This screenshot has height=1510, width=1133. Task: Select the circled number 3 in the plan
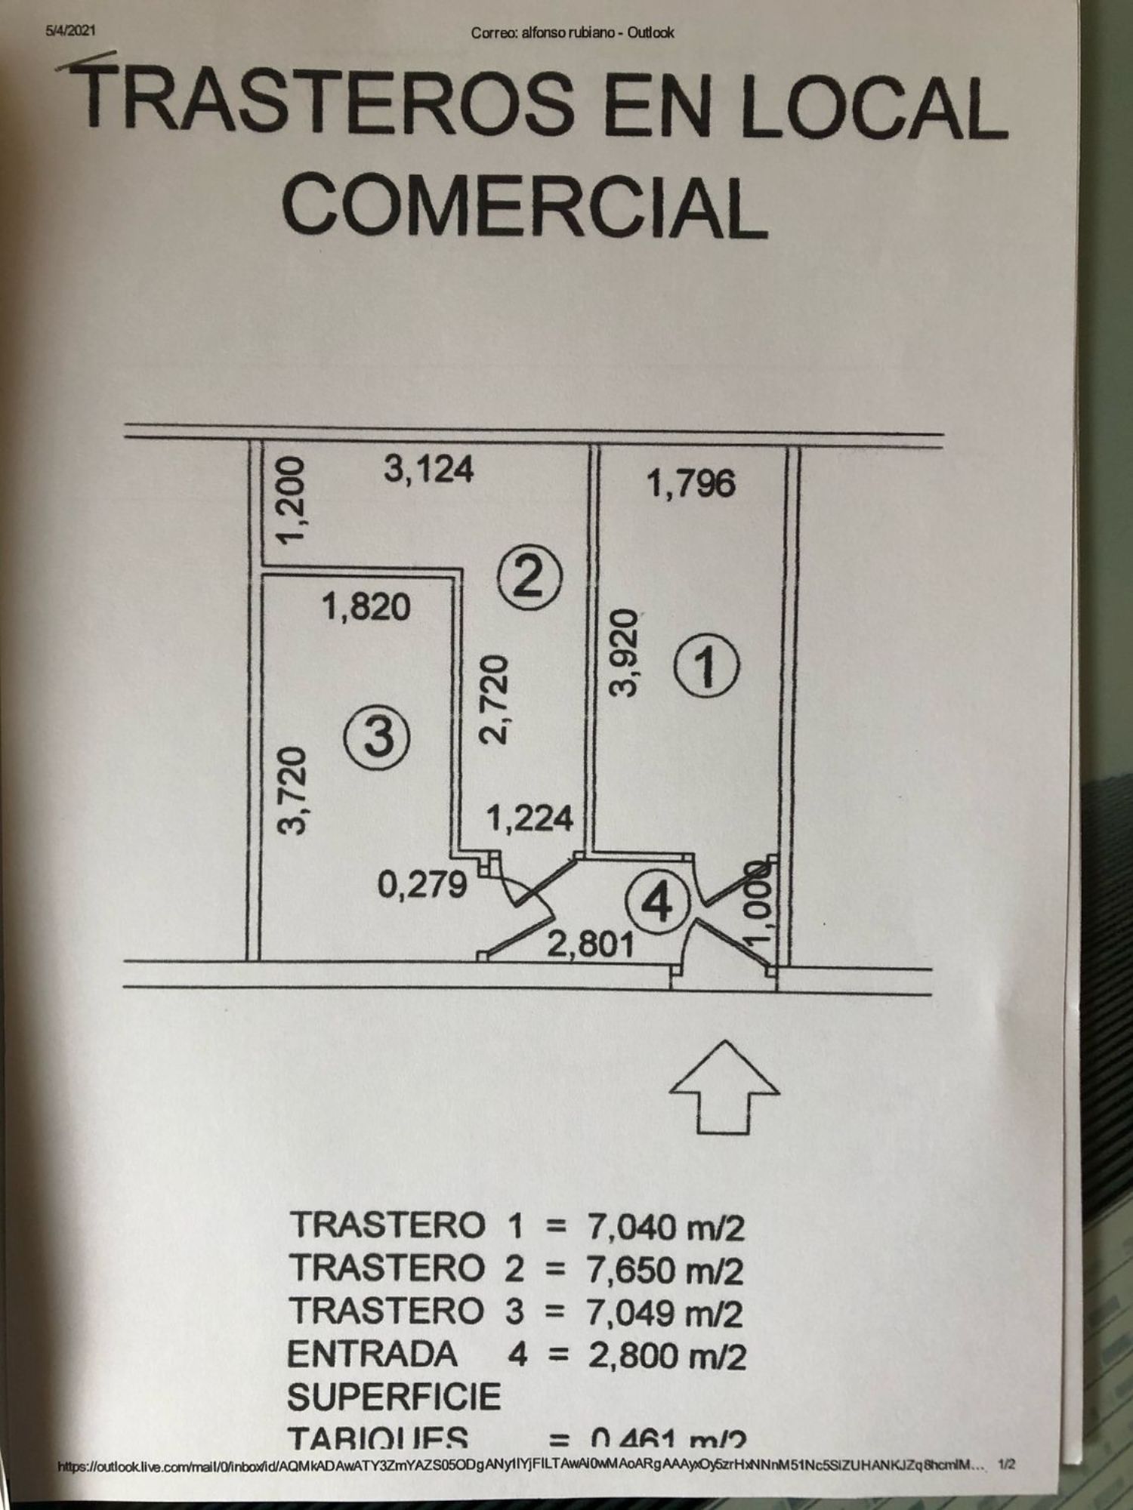pos(378,737)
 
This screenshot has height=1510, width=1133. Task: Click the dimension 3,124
pos(428,469)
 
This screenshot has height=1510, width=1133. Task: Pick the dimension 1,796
pos(691,484)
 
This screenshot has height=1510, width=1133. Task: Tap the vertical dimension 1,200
pos(291,500)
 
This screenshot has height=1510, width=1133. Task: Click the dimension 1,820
pos(367,606)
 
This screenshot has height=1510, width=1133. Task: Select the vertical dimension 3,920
pos(624,654)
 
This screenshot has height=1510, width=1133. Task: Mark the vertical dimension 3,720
pos(292,790)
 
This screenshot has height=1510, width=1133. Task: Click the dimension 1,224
pos(529,818)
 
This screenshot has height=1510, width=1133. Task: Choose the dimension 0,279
pos(422,884)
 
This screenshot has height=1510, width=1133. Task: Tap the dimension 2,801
pos(590,944)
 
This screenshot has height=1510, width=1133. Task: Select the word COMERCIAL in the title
pos(525,206)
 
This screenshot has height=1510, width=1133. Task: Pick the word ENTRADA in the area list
pos(372,1354)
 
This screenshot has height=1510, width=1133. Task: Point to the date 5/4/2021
pos(70,31)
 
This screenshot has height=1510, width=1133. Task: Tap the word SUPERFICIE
pos(394,1397)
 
